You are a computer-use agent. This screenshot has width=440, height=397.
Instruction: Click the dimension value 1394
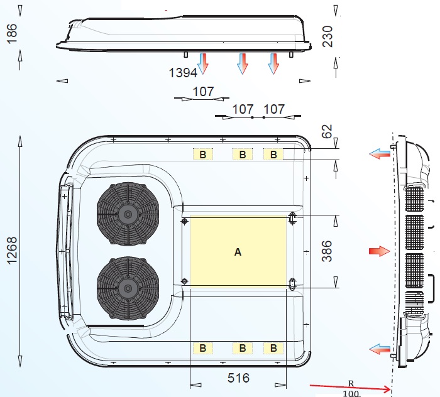pos(183,73)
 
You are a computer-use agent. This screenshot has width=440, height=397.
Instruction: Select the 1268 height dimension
pos(12,251)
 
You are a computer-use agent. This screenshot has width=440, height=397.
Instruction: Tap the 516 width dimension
pos(238,378)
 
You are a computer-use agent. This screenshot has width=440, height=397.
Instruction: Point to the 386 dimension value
pos(327,251)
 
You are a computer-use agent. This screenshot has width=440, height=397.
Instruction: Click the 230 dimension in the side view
pos(327,36)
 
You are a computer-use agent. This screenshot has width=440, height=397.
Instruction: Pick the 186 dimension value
pos(12,33)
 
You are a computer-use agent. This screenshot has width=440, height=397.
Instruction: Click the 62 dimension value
pos(327,131)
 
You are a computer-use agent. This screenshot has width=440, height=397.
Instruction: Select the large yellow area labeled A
pos(238,251)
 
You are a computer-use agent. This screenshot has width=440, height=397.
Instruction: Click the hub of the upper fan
pos(128,214)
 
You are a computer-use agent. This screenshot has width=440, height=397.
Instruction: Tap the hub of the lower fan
pos(128,288)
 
